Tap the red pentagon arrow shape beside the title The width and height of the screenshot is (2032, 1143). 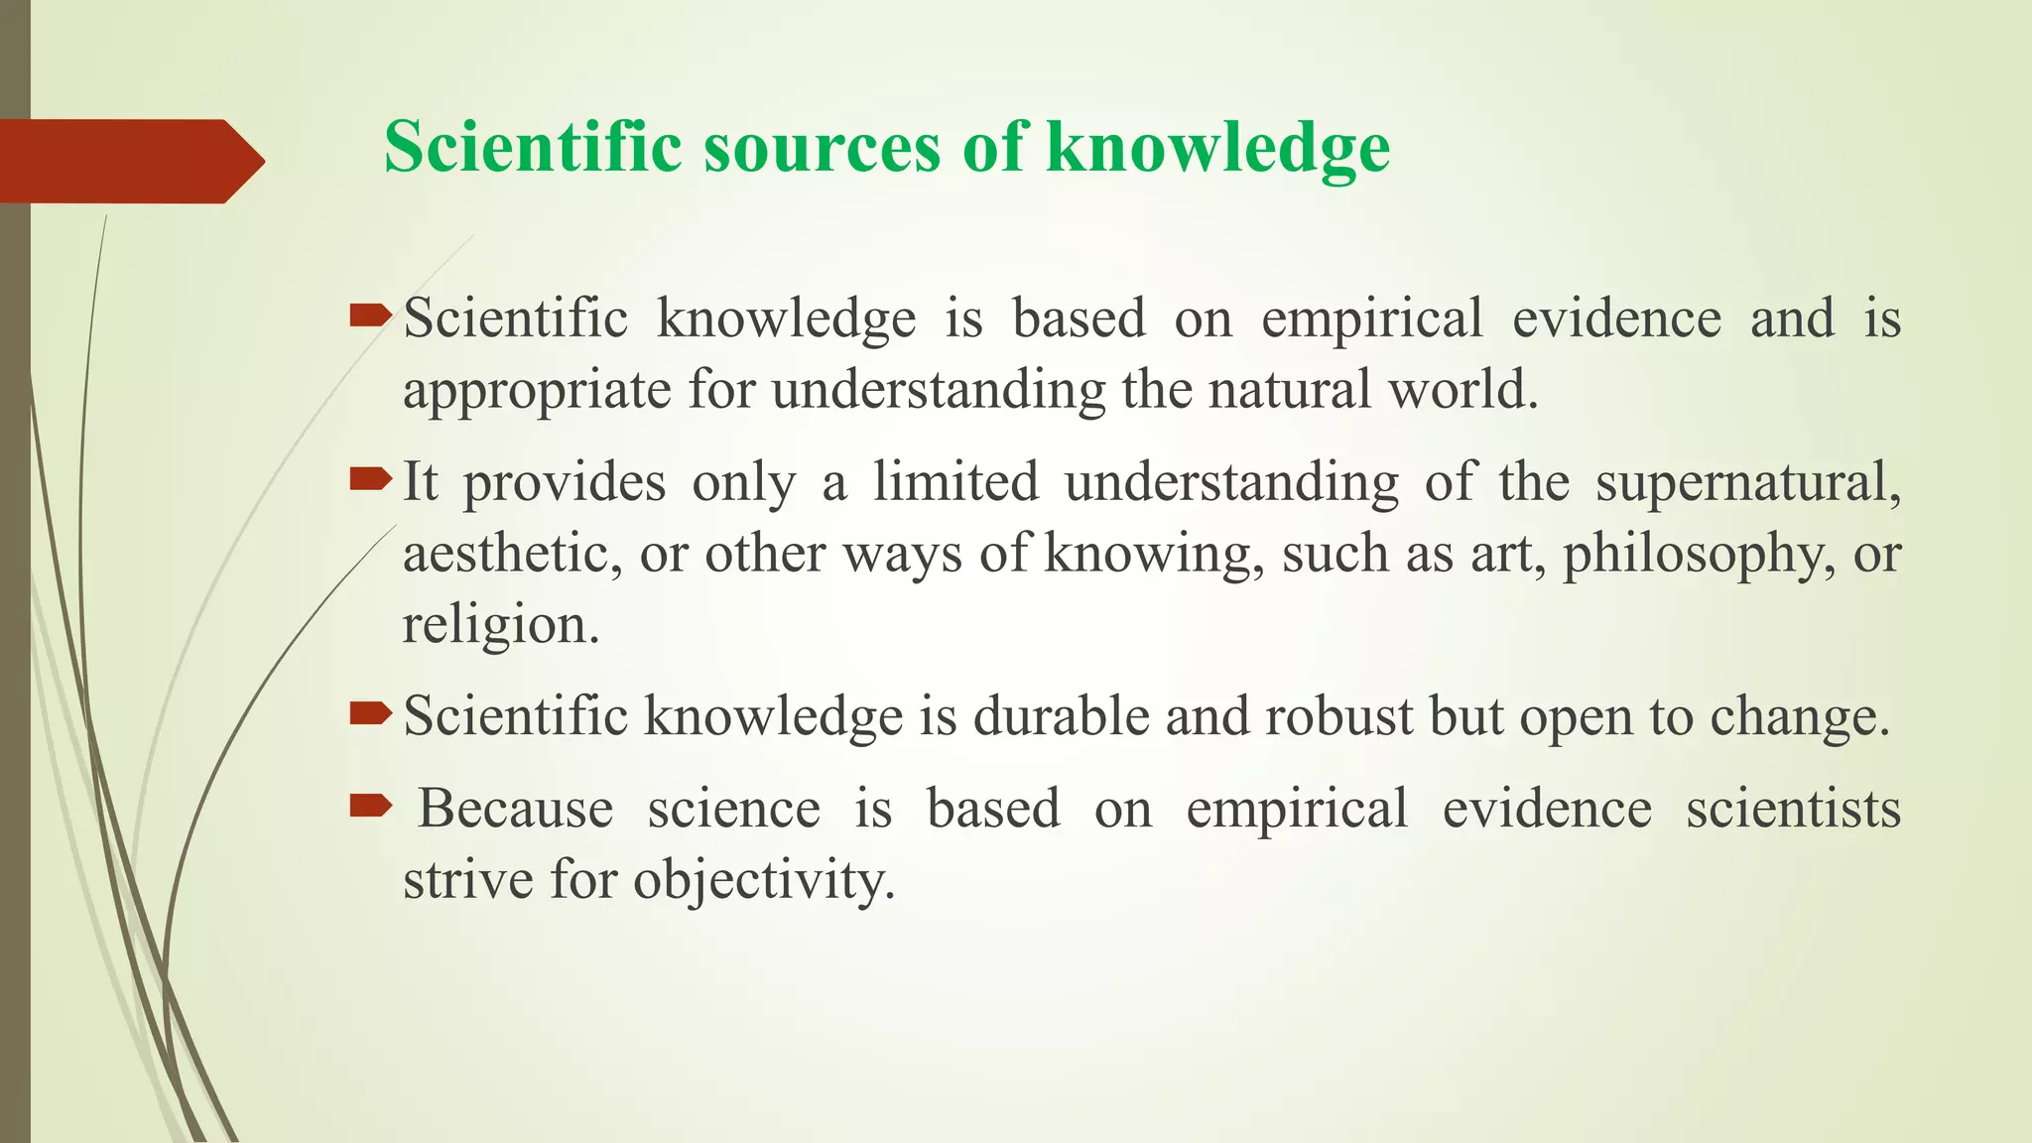click(129, 161)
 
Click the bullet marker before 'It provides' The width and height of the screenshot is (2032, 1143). click(371, 481)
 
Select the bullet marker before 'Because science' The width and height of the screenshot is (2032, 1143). click(371, 807)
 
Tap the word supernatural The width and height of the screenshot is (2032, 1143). click(1747, 483)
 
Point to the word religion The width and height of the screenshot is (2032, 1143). click(500, 625)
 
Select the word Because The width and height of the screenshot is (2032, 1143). click(515, 808)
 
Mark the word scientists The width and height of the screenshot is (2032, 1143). click(1793, 808)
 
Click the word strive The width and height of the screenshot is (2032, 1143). click(467, 879)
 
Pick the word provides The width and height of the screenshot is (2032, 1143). click(565, 483)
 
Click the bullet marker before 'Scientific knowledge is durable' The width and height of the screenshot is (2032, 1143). click(371, 713)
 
